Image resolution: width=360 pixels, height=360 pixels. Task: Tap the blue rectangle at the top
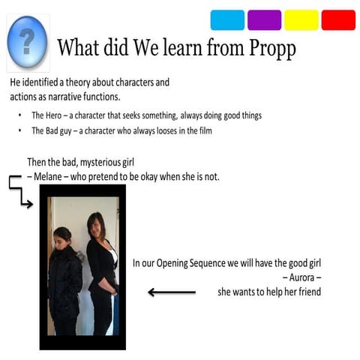(227, 20)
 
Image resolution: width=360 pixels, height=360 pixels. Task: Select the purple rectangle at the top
(264, 20)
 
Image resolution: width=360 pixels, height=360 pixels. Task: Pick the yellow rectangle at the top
(301, 20)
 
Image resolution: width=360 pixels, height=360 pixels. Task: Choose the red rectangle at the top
(338, 20)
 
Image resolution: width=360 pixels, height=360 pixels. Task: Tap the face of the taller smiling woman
(96, 223)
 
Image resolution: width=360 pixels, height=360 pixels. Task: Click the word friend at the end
(309, 291)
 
